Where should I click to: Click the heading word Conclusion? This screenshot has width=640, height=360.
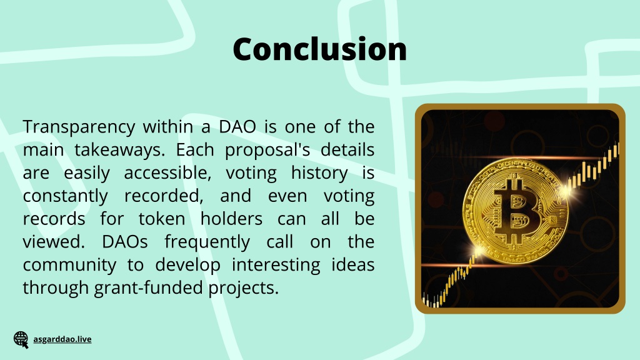pos(319,49)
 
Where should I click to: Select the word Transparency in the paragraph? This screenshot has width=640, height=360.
pos(79,127)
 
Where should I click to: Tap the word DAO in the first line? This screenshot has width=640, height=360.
pos(237,126)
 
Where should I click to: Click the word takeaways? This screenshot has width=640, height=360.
pos(119,150)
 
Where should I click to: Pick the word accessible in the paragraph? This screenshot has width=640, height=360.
pos(167,172)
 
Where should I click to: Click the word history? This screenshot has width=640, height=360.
pos(319,173)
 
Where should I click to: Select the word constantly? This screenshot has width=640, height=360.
pos(65,196)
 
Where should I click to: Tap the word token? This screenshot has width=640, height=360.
pos(162,219)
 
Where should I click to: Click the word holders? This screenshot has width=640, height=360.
pos(231,219)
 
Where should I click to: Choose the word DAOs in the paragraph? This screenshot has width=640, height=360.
pos(124,242)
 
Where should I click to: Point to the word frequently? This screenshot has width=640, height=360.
pos(207,242)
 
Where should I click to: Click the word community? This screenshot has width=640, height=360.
pos(69,265)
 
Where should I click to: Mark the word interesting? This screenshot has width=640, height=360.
pos(276,265)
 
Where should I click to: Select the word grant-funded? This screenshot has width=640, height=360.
pos(149,287)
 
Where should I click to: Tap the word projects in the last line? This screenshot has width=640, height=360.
pos(243,288)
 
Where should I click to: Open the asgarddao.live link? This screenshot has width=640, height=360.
pos(62,339)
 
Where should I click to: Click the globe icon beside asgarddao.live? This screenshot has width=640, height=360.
pos(21,339)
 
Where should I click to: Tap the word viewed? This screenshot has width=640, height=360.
pos(54,242)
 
